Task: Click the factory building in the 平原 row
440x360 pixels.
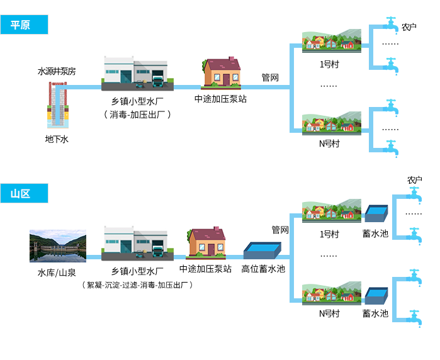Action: (135, 74)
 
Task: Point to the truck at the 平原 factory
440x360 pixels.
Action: (157, 80)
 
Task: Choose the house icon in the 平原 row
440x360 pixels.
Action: (221, 74)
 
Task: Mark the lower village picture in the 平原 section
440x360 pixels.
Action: (331, 123)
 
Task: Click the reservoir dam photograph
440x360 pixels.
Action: (57, 245)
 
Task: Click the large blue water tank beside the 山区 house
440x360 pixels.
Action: (261, 251)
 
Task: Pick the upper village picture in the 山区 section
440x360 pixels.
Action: (331, 211)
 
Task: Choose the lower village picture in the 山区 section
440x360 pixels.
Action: (331, 295)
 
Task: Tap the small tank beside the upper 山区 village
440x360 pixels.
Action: (376, 213)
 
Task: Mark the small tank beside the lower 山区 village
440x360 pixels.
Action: (376, 296)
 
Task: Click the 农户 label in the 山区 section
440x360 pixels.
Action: (414, 181)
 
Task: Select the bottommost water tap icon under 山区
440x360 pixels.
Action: (414, 318)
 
